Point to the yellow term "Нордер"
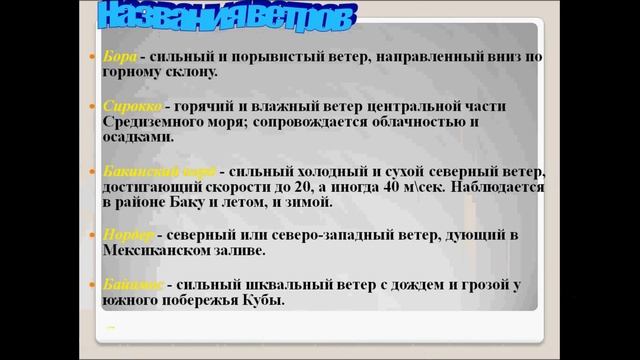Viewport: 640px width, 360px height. [x=128, y=234]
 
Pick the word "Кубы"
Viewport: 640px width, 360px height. [x=261, y=300]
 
